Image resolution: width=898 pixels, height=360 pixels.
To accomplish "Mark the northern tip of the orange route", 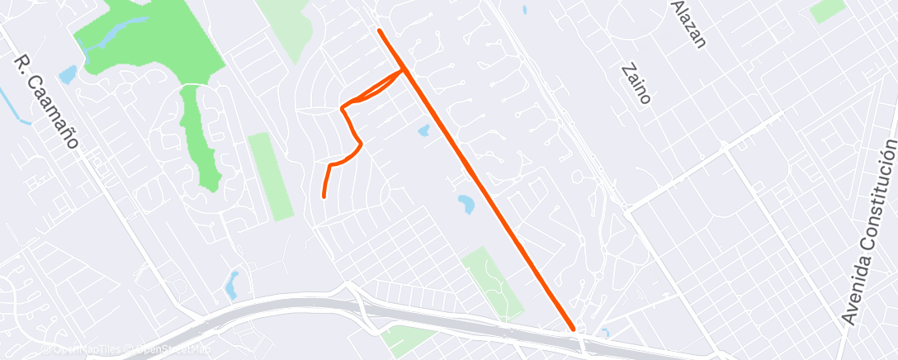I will (379, 31).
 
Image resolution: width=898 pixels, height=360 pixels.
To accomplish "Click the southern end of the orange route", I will (573, 329).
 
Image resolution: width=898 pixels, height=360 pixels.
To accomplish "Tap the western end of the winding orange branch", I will (323, 197).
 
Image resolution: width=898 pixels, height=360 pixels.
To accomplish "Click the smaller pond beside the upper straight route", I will (424, 130).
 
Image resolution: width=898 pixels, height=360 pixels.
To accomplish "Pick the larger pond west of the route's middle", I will (466, 203).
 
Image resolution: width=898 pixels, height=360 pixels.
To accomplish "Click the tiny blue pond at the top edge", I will (525, 11).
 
